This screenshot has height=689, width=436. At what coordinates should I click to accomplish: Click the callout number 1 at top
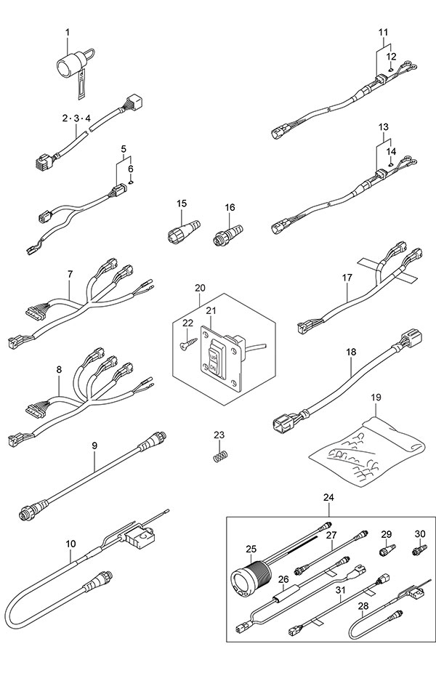click(x=68, y=32)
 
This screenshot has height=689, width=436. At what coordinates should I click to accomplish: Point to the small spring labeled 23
click(x=218, y=456)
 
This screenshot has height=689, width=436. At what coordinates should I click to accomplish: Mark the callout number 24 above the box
click(x=329, y=498)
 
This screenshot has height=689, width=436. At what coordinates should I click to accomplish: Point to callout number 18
click(x=351, y=352)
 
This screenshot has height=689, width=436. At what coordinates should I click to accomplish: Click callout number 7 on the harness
click(x=70, y=274)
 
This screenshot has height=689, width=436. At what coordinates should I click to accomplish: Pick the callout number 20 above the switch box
click(x=200, y=288)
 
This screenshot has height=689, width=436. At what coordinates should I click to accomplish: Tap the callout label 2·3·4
click(x=76, y=118)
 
